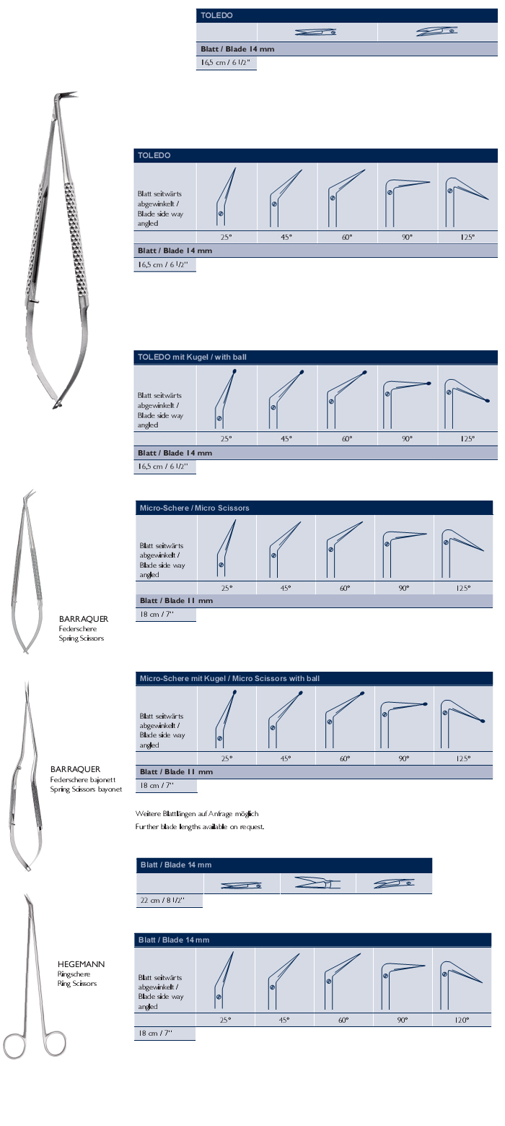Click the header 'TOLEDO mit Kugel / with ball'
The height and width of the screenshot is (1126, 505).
click(x=193, y=357)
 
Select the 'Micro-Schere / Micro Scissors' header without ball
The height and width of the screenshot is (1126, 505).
click(x=194, y=508)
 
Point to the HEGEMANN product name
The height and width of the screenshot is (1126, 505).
click(x=81, y=964)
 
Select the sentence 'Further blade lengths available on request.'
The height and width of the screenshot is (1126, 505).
click(x=200, y=826)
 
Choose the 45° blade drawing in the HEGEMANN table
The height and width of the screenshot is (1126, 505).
click(x=284, y=979)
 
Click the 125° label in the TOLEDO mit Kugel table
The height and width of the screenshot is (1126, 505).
click(x=467, y=438)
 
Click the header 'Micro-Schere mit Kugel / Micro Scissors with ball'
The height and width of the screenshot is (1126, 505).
click(x=229, y=678)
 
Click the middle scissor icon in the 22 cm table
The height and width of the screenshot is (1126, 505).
click(x=317, y=883)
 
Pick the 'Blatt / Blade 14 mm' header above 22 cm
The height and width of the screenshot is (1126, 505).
click(x=176, y=865)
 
